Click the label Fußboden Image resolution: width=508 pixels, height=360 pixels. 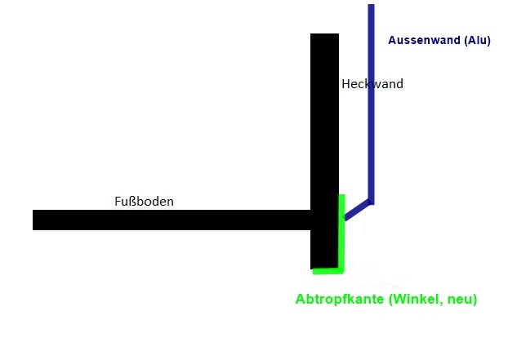[x=145, y=202]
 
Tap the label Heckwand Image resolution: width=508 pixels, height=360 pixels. [x=372, y=84]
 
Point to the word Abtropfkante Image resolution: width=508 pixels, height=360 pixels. [x=340, y=299]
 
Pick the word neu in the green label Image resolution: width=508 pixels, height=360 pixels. [x=462, y=300]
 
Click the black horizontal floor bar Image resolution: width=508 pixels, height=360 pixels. [x=172, y=220]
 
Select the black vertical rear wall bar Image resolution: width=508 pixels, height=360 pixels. [x=324, y=151]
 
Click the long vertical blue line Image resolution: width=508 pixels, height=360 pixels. [x=372, y=104]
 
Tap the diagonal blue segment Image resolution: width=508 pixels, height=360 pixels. [x=357, y=211]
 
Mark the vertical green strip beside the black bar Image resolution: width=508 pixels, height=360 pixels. [x=341, y=233]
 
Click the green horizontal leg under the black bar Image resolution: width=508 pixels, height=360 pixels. [x=328, y=271]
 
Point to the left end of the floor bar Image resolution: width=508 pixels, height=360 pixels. [x=33, y=220]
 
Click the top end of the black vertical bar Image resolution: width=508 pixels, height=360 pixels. [x=324, y=33]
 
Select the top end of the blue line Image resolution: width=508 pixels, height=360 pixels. [x=372, y=5]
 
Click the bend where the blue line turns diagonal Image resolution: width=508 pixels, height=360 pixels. [x=371, y=202]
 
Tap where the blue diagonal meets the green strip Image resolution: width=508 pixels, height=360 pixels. [x=345, y=218]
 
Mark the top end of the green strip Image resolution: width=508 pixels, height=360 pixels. [x=341, y=194]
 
